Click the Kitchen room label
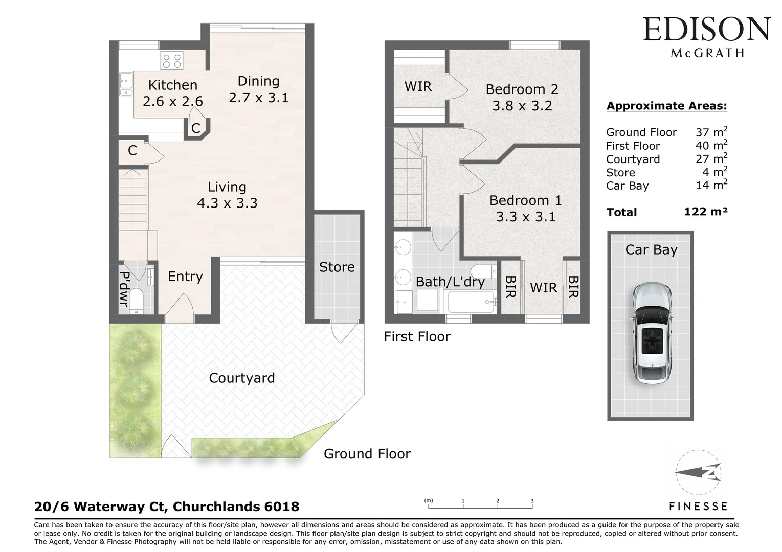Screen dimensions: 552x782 tap(172, 85)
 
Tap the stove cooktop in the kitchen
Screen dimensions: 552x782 tap(171, 61)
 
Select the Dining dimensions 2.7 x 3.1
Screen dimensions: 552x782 tap(258, 98)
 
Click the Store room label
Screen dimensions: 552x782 tap(337, 267)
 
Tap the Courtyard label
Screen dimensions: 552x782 tap(241, 378)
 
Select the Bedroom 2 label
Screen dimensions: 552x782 tap(522, 89)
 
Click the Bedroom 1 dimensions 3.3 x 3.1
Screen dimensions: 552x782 tap(525, 217)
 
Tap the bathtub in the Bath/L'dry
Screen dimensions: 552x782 tap(471, 302)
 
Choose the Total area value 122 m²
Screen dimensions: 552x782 tap(705, 212)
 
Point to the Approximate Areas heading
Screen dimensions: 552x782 tap(666, 106)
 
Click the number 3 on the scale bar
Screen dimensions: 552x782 tap(532, 501)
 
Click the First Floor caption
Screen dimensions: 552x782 tap(417, 336)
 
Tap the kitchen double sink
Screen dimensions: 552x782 tap(126, 85)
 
